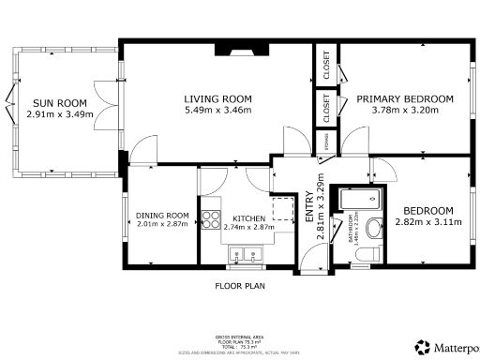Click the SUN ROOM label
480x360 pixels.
pos(59,103)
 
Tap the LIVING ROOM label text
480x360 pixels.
pos(217,99)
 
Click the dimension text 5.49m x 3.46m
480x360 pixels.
pos(217,111)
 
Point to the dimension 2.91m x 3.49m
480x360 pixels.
pos(59,114)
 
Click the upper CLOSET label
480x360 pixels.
pos(326,63)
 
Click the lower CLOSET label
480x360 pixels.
pos(326,107)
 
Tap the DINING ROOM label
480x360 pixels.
pos(162,216)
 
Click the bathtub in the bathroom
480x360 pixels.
pos(359,199)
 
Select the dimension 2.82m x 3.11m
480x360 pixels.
pos(427,223)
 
